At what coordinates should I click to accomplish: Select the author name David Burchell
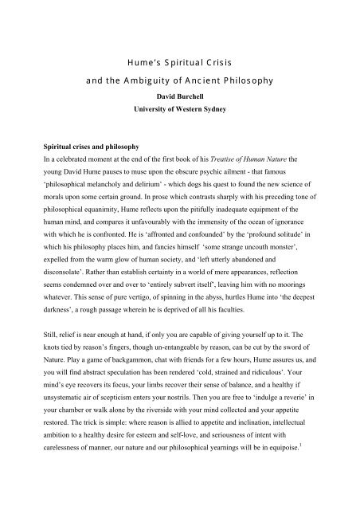pyautogui.click(x=179, y=101)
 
